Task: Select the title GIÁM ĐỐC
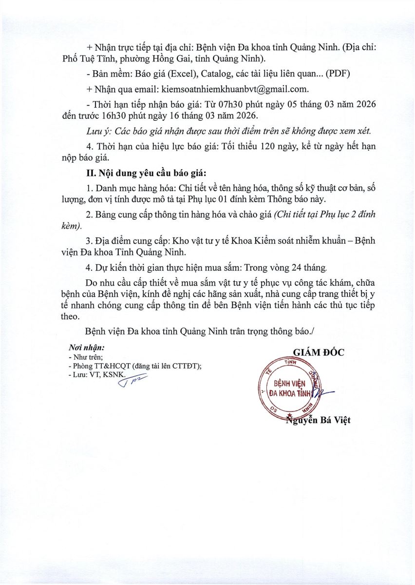318,352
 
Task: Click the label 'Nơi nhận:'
87,349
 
